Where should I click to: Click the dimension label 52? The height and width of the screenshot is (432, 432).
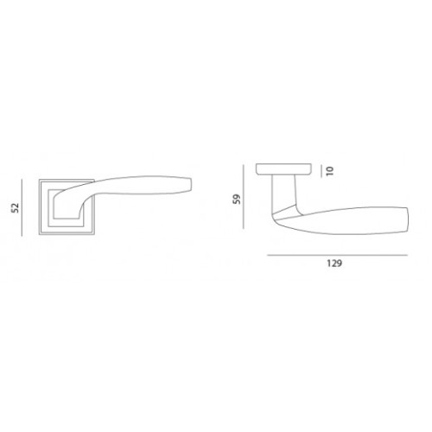(16, 207)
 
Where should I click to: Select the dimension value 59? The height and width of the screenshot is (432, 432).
(237, 199)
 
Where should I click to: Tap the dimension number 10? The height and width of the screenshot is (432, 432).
(330, 171)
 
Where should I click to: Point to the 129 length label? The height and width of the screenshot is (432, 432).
(334, 264)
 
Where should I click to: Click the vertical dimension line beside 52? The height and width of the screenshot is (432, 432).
(22, 207)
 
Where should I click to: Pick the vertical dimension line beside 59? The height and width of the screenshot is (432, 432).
(244, 197)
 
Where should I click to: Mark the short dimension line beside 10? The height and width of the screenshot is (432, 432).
(321, 171)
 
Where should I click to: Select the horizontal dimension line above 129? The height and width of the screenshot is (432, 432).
(337, 255)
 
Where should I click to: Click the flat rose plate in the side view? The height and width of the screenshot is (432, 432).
(283, 169)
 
